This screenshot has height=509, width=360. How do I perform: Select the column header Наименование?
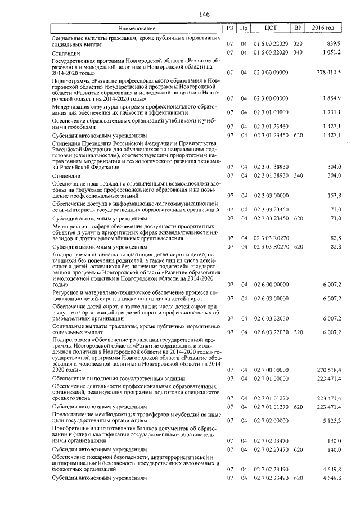tap(137, 28)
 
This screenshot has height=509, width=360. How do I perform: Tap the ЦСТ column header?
tap(271, 28)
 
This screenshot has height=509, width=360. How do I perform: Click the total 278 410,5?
tap(329, 73)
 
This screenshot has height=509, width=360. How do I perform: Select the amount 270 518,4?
tap(329, 370)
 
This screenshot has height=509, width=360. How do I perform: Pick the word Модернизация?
tap(70, 106)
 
